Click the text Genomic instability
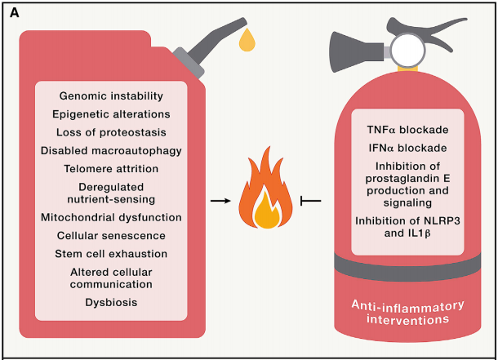pyautogui.click(x=112, y=96)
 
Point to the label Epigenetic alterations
pyautogui.click(x=111, y=113)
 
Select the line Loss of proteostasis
pyautogui.click(x=112, y=131)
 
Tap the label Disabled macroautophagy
pyautogui.click(x=111, y=150)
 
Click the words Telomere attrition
pyautogui.click(x=112, y=168)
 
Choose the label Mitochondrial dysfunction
pyautogui.click(x=111, y=217)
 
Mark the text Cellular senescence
pyautogui.click(x=112, y=235)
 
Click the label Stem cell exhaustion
pyautogui.click(x=112, y=253)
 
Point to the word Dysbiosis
pyautogui.click(x=112, y=302)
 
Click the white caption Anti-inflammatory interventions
pyautogui.click(x=407, y=312)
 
